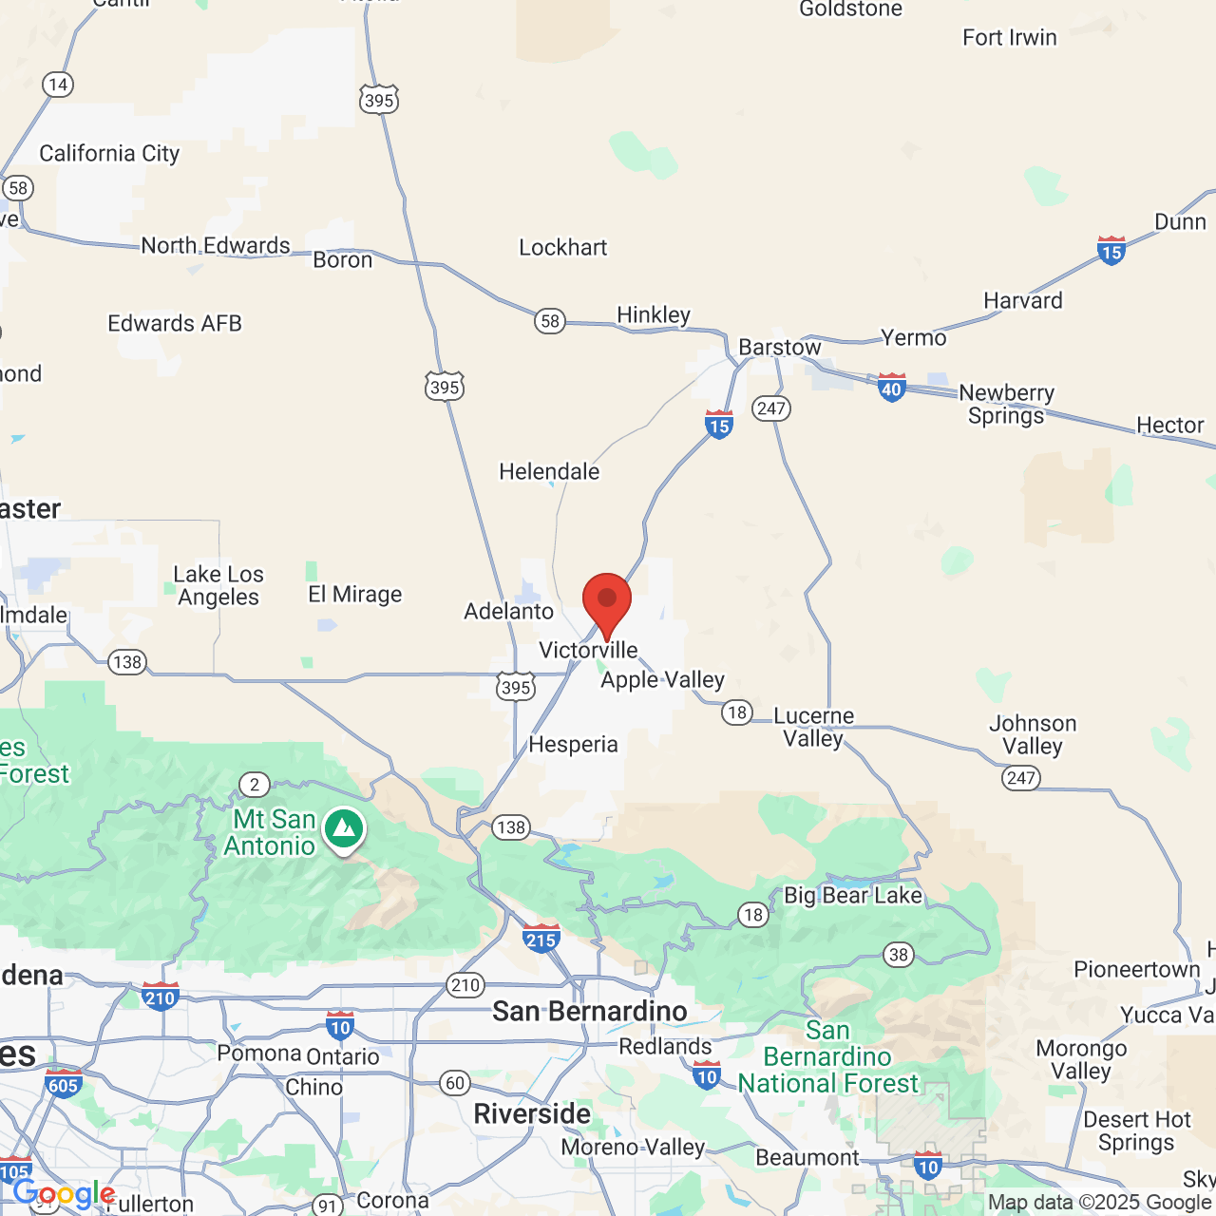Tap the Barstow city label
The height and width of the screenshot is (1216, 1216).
[779, 348]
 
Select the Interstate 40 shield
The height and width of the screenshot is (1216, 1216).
[891, 388]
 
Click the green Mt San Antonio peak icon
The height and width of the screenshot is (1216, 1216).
[344, 829]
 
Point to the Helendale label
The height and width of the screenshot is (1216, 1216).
[549, 471]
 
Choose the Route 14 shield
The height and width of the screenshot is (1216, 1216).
[58, 85]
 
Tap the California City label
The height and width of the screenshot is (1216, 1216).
[109, 154]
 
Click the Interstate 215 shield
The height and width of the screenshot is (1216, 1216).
[541, 939]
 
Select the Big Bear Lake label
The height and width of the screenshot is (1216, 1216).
[852, 895]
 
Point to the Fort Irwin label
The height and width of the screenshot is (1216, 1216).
[1009, 38]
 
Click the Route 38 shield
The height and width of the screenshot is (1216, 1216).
[899, 954]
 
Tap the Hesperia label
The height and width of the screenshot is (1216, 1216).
[573, 745]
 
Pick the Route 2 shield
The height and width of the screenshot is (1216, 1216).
[254, 785]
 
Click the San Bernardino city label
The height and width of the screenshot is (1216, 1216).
[589, 1011]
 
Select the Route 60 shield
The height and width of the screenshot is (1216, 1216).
[455, 1083]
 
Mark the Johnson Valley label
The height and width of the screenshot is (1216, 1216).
[1033, 734]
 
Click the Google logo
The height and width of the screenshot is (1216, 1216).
[65, 1194]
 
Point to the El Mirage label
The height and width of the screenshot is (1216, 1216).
[355, 595]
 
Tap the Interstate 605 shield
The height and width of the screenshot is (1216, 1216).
[63, 1084]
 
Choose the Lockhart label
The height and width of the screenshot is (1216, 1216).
[562, 248]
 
